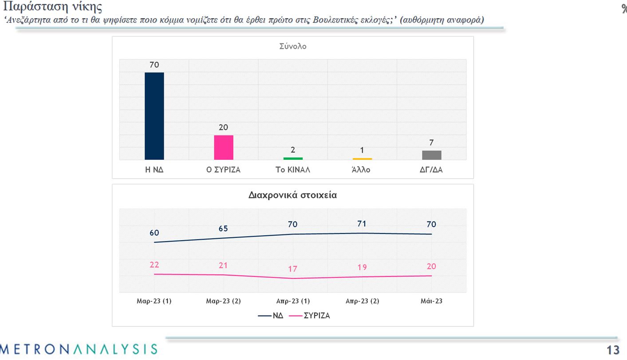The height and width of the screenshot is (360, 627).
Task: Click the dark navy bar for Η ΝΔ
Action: click(154, 116)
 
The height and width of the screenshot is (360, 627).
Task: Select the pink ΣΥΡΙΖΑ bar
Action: click(224, 147)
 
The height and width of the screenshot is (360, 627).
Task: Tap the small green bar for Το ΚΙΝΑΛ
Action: click(293, 158)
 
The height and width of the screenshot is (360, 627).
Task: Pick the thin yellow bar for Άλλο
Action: click(362, 159)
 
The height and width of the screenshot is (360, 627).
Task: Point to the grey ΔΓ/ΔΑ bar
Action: click(431, 155)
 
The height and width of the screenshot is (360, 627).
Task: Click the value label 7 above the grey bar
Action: click(431, 143)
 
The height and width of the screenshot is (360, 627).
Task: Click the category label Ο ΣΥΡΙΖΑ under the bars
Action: click(224, 170)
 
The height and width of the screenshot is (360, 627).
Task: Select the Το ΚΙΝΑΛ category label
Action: click(293, 170)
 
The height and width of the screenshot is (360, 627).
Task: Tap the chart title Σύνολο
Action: click(292, 47)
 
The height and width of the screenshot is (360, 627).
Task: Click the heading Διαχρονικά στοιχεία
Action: click(292, 195)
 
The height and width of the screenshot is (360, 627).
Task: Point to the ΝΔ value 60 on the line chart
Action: click(154, 233)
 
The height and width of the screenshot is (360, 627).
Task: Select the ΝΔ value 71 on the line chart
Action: click(362, 224)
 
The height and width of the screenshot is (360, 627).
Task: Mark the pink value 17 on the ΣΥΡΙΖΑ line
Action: click(292, 269)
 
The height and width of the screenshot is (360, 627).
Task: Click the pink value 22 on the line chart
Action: click(154, 265)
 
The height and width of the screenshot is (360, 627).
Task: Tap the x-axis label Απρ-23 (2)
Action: click(362, 301)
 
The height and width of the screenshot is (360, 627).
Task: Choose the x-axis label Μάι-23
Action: click(431, 301)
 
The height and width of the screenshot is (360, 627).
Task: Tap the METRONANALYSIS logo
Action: click(79, 349)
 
